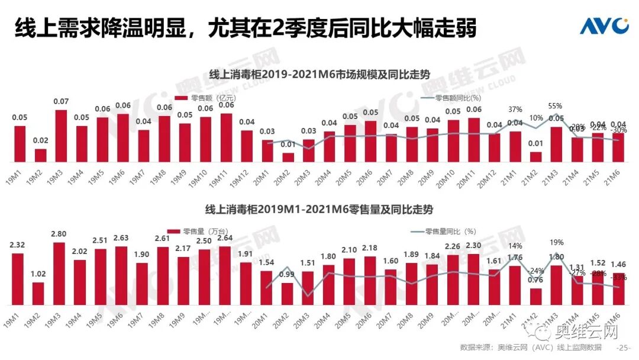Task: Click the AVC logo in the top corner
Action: click(x=603, y=27)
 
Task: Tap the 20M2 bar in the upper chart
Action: click(x=288, y=157)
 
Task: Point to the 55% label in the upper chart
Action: click(x=555, y=105)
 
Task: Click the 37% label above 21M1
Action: click(x=515, y=109)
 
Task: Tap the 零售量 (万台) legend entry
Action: click(x=199, y=231)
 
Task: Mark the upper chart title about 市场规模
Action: click(x=319, y=75)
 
